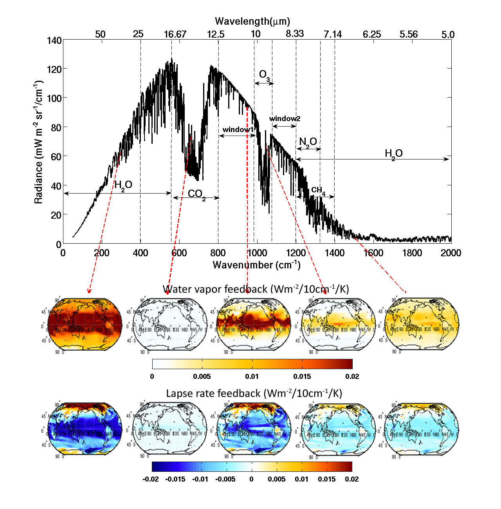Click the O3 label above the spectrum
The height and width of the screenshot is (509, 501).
coord(264,75)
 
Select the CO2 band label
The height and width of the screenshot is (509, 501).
coord(196,194)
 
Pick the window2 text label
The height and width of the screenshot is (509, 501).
coord(285,119)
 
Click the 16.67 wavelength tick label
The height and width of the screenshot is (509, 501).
coord(175,34)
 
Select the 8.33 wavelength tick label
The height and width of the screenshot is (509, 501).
coord(295,34)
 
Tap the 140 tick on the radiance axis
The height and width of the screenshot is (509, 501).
coord(54,40)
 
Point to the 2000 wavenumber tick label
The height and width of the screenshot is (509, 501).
coord(451,253)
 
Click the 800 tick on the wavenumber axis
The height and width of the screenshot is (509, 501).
coord(218,253)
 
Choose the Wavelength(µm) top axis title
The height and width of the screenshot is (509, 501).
coord(252,21)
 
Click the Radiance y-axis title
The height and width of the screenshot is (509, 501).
coord(38,142)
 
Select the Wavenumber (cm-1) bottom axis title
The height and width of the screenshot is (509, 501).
coord(256,265)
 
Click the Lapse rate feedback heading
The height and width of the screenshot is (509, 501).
coord(254,393)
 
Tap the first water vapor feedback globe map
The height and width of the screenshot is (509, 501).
coord(85,324)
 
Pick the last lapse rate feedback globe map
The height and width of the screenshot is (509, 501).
coord(421,428)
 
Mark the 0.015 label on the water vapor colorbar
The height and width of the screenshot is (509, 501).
coord(302,377)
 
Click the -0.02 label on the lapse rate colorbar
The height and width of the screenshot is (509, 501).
coord(151,479)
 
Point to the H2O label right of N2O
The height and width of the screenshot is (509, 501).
coord(393,154)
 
